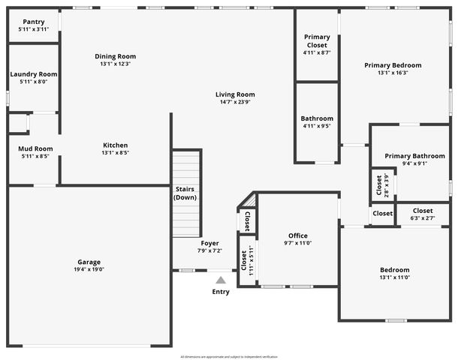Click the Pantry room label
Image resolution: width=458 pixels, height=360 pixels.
tap(34, 22)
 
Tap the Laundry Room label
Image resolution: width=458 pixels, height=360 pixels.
tap(34, 74)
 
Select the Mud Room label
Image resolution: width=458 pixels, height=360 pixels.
tap(35, 148)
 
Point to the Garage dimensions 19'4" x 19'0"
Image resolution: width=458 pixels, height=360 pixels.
tap(89, 268)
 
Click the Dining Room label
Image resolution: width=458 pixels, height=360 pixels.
tap(115, 56)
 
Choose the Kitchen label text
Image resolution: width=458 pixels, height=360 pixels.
tap(115, 145)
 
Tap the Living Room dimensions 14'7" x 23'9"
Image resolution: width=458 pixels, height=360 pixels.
tap(235, 101)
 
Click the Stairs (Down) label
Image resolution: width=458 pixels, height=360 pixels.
tap(185, 193)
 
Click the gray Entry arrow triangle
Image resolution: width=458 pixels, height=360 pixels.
tap(221, 280)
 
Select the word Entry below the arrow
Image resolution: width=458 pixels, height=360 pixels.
tap(221, 292)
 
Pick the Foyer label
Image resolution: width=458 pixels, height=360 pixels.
tap(209, 243)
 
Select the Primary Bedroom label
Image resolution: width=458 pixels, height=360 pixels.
tap(393, 65)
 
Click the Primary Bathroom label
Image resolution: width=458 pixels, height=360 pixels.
tap(414, 156)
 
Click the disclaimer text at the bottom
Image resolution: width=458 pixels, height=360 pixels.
tap(228, 356)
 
